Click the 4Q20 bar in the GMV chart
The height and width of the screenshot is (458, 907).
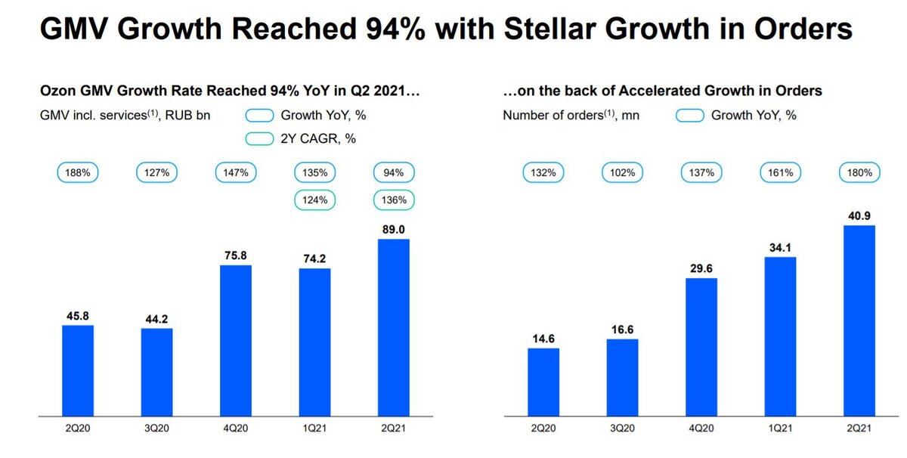tap(235, 340)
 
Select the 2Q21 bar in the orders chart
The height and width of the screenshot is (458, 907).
tap(859, 320)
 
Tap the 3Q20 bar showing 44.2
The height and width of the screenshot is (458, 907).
tap(156, 372)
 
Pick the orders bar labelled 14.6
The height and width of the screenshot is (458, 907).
tap(543, 382)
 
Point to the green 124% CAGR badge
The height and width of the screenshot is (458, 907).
tap(315, 201)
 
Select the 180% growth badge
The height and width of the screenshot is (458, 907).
tap(859, 173)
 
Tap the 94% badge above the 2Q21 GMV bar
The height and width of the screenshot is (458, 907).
tap(394, 173)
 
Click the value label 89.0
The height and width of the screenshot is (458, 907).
tap(394, 229)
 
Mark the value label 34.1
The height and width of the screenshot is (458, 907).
tap(780, 247)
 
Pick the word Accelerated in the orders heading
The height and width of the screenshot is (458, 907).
tap(660, 91)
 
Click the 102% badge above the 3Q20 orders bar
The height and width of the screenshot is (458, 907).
tap(623, 173)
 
